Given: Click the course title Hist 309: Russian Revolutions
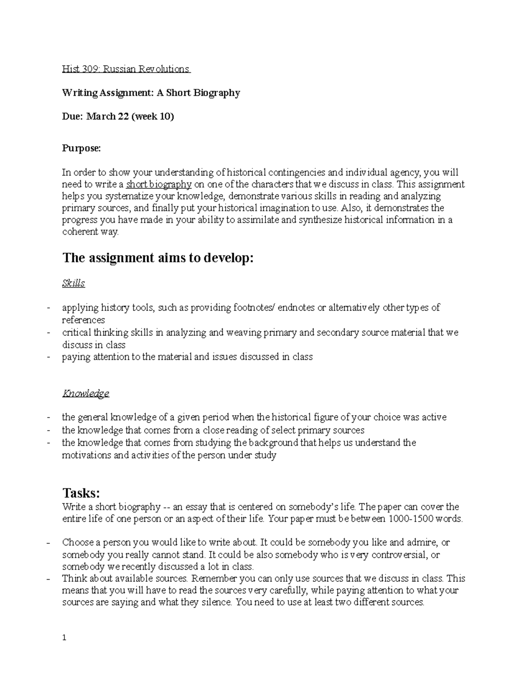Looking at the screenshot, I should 126,69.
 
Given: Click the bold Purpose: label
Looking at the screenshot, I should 81,149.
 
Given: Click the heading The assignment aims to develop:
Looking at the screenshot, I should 158,258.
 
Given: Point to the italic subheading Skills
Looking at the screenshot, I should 73,283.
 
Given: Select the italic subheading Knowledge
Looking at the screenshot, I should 86,393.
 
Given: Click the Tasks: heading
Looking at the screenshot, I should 82,492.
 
